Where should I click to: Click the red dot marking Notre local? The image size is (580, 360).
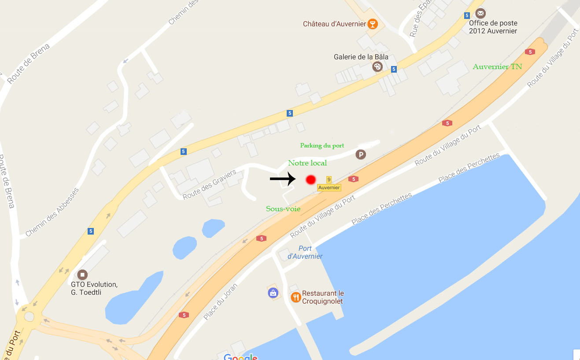tap(311, 180)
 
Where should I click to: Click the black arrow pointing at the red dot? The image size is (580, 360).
tap(282, 178)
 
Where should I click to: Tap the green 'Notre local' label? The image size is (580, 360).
tap(307, 163)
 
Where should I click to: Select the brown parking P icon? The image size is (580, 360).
tap(361, 154)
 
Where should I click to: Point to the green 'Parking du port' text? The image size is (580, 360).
tap(322, 146)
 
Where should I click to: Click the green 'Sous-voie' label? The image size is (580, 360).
tap(283, 209)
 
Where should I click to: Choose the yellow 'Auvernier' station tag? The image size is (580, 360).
tap(329, 187)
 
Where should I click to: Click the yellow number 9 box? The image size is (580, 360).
tap(329, 180)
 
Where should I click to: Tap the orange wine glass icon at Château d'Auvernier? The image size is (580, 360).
tap(373, 24)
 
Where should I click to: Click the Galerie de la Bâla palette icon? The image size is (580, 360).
tap(377, 66)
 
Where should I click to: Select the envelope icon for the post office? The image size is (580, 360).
tap(480, 13)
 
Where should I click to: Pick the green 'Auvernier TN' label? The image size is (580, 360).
tap(497, 67)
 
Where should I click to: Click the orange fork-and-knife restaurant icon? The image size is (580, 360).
tap(296, 297)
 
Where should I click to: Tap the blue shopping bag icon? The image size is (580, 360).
tap(273, 292)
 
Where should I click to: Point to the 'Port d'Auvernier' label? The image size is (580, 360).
tap(305, 252)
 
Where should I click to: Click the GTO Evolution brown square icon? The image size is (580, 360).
tap(82, 275)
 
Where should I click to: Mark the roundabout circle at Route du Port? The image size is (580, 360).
tap(29, 316)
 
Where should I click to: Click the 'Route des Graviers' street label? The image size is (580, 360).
tap(210, 184)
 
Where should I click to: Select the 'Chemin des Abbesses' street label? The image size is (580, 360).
tap(52, 212)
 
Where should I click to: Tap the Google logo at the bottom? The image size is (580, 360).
tap(240, 356)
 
